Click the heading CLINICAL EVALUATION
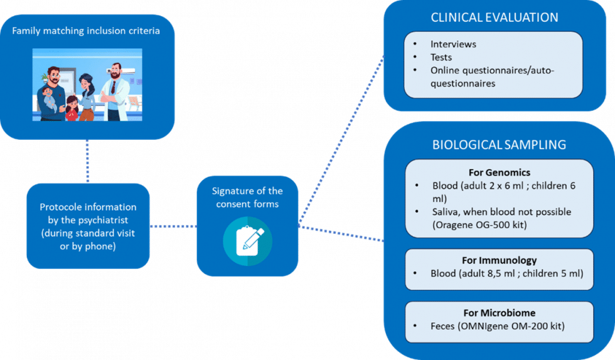pyautogui.click(x=494, y=18)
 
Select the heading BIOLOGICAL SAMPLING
pyautogui.click(x=499, y=145)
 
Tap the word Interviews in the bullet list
pyautogui.click(x=453, y=45)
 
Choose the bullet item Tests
pyautogui.click(x=441, y=57)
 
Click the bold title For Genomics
pyautogui.click(x=499, y=172)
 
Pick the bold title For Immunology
pyautogui.click(x=499, y=260)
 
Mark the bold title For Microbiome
pyautogui.click(x=499, y=313)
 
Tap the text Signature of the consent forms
pyautogui.click(x=247, y=197)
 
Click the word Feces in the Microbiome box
pyautogui.click(x=445, y=326)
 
